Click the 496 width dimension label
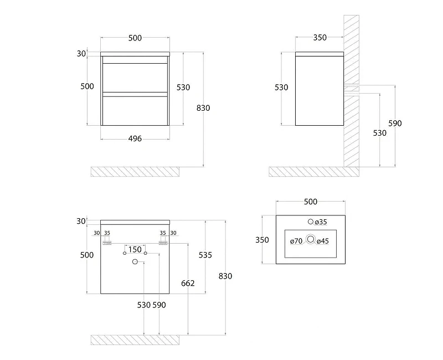tap(135, 139)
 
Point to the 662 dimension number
tap(188, 283)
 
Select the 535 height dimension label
tap(205, 255)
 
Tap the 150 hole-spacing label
tap(135, 250)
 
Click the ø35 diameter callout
tap(321, 222)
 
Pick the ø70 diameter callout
tap(296, 241)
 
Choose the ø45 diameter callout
tap(323, 241)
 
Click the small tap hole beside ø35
tap(311, 222)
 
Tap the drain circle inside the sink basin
tap(311, 239)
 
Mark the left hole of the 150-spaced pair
tap(125, 253)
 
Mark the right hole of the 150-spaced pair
tap(145, 253)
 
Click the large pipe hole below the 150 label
tap(135, 262)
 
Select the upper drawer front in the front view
tap(135, 78)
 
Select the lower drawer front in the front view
tap(135, 111)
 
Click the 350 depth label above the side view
tap(320, 38)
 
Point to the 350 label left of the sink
tap(262, 240)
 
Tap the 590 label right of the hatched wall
tap(395, 124)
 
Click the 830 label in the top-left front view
tap(203, 108)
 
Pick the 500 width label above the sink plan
tap(311, 202)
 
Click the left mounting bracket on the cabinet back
tap(107, 243)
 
